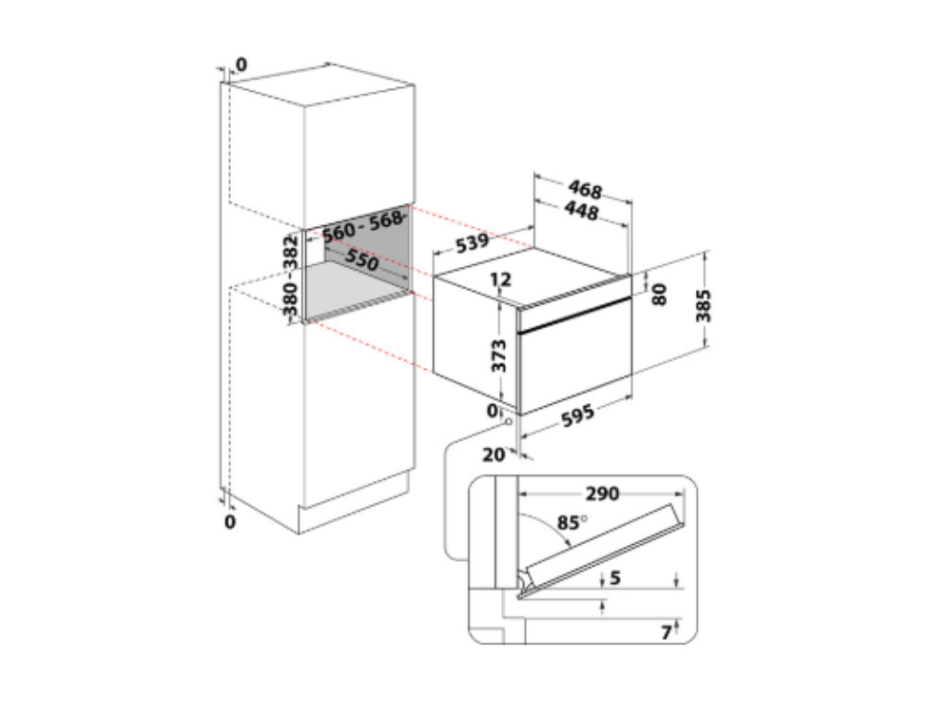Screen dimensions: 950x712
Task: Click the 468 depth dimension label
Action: [x=585, y=189]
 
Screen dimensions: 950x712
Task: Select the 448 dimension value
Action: [x=582, y=210]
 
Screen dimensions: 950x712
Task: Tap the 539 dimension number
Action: [x=472, y=243]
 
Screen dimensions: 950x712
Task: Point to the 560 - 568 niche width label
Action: [x=363, y=226]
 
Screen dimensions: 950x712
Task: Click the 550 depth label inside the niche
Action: [x=362, y=260]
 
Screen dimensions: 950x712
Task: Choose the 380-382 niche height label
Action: [x=290, y=276]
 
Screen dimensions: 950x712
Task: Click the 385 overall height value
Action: [x=703, y=306]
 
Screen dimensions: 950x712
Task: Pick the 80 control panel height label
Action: [x=660, y=294]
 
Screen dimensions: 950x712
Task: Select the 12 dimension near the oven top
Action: [x=500, y=279]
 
